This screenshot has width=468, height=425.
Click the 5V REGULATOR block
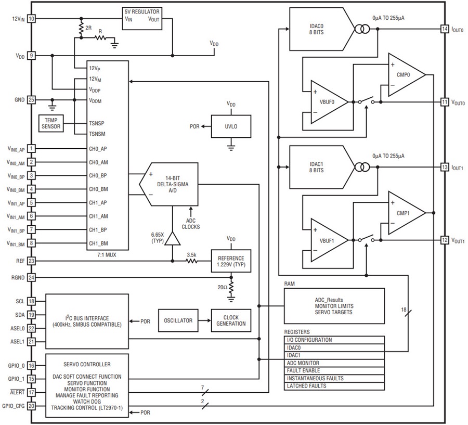click(142, 19)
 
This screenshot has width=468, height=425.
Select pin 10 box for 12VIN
click(31, 19)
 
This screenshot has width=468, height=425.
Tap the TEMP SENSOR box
click(51, 123)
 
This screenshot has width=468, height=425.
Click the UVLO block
click(231, 126)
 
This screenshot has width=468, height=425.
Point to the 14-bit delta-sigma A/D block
click(169, 184)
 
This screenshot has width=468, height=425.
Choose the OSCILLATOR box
click(178, 320)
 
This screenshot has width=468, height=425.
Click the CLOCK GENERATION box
click(231, 320)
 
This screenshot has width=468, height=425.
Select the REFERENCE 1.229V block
click(231, 261)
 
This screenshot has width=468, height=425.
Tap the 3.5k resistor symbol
click(191, 261)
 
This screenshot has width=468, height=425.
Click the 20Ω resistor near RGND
click(231, 287)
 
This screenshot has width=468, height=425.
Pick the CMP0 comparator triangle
click(407, 75)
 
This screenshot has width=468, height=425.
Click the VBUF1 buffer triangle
click(330, 240)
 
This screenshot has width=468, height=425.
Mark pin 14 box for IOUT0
click(445, 29)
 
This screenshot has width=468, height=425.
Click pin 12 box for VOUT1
click(445, 240)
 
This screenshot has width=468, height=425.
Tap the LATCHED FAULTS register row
click(334, 386)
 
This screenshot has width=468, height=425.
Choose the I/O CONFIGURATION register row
click(334, 340)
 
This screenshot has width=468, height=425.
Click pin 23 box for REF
click(31, 261)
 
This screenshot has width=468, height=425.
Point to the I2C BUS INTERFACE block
click(87, 321)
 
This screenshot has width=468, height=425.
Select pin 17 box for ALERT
click(31, 392)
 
